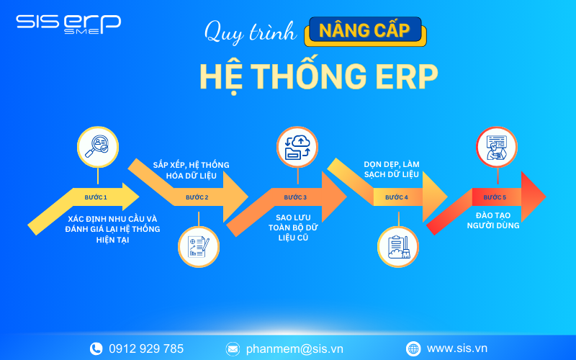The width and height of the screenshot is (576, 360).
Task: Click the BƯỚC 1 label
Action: [x=96, y=197]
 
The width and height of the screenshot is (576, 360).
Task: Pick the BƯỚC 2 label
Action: [x=197, y=197]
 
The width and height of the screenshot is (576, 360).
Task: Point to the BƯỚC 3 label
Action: [x=295, y=197]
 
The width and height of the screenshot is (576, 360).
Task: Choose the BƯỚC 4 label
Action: [x=396, y=197]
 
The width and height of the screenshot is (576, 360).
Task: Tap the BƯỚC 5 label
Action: [x=495, y=197]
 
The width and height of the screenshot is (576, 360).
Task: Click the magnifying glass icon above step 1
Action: [x=97, y=147]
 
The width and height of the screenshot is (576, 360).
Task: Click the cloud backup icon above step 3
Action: [x=297, y=147]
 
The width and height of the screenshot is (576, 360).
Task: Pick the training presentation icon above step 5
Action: [x=496, y=147]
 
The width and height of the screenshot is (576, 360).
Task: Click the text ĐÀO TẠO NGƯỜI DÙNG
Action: [x=497, y=220]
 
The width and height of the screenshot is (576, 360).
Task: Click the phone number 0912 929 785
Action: [x=146, y=348]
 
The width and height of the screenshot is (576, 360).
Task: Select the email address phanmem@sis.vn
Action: [x=294, y=348]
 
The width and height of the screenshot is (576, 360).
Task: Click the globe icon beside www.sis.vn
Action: [x=413, y=348]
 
